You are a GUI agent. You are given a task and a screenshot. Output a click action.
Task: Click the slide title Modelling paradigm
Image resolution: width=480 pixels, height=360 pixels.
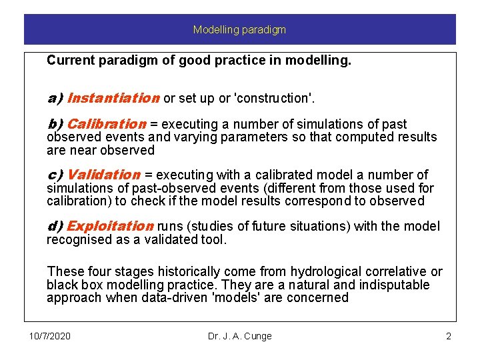click(x=239, y=30)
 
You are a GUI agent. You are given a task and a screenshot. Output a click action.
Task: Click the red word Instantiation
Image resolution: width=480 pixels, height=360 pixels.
click(x=113, y=99)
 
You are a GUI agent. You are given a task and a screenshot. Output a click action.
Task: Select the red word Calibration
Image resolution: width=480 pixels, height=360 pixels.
click(x=107, y=124)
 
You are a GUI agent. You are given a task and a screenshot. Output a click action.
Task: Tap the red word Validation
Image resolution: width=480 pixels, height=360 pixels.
click(x=104, y=175)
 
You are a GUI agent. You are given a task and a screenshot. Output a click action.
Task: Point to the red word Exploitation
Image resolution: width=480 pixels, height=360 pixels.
click(x=110, y=227)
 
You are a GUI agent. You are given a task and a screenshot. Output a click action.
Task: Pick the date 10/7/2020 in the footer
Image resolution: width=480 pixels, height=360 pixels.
click(x=50, y=336)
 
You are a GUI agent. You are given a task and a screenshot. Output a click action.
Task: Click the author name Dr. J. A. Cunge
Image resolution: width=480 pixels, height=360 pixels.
click(x=240, y=336)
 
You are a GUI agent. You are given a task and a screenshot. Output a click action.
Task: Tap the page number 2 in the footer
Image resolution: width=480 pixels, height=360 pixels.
click(x=449, y=336)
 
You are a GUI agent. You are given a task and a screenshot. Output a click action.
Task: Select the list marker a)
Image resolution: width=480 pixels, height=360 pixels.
click(x=55, y=99)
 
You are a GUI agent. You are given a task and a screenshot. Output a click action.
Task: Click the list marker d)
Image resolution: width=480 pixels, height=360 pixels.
click(x=55, y=227)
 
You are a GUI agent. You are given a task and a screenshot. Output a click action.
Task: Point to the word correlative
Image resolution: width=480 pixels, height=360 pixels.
click(x=395, y=272)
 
